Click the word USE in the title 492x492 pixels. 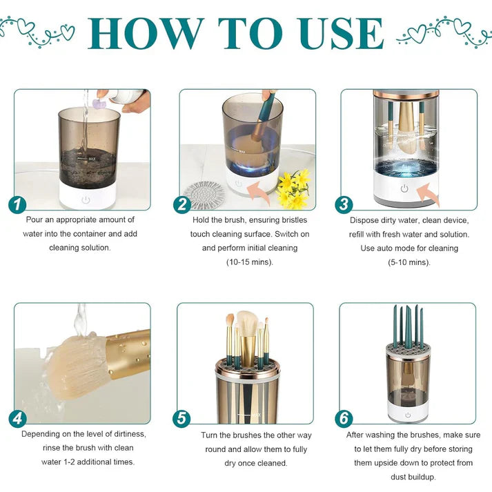pyautogui.click(x=337, y=32)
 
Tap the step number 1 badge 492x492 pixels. pyautogui.click(x=17, y=204)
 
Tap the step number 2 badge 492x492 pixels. pyautogui.click(x=181, y=204)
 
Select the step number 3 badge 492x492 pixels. pyautogui.click(x=344, y=204)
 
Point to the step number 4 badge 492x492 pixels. pyautogui.click(x=17, y=419)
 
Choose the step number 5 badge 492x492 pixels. pyautogui.click(x=181, y=419)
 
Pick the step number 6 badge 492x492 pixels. pyautogui.click(x=344, y=419)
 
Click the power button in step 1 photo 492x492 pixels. pyautogui.click(x=86, y=199)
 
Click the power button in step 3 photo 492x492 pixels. pyautogui.click(x=404, y=188)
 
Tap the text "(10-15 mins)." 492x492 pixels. pyautogui.click(x=249, y=262)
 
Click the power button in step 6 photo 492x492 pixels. pyautogui.click(x=407, y=415)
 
